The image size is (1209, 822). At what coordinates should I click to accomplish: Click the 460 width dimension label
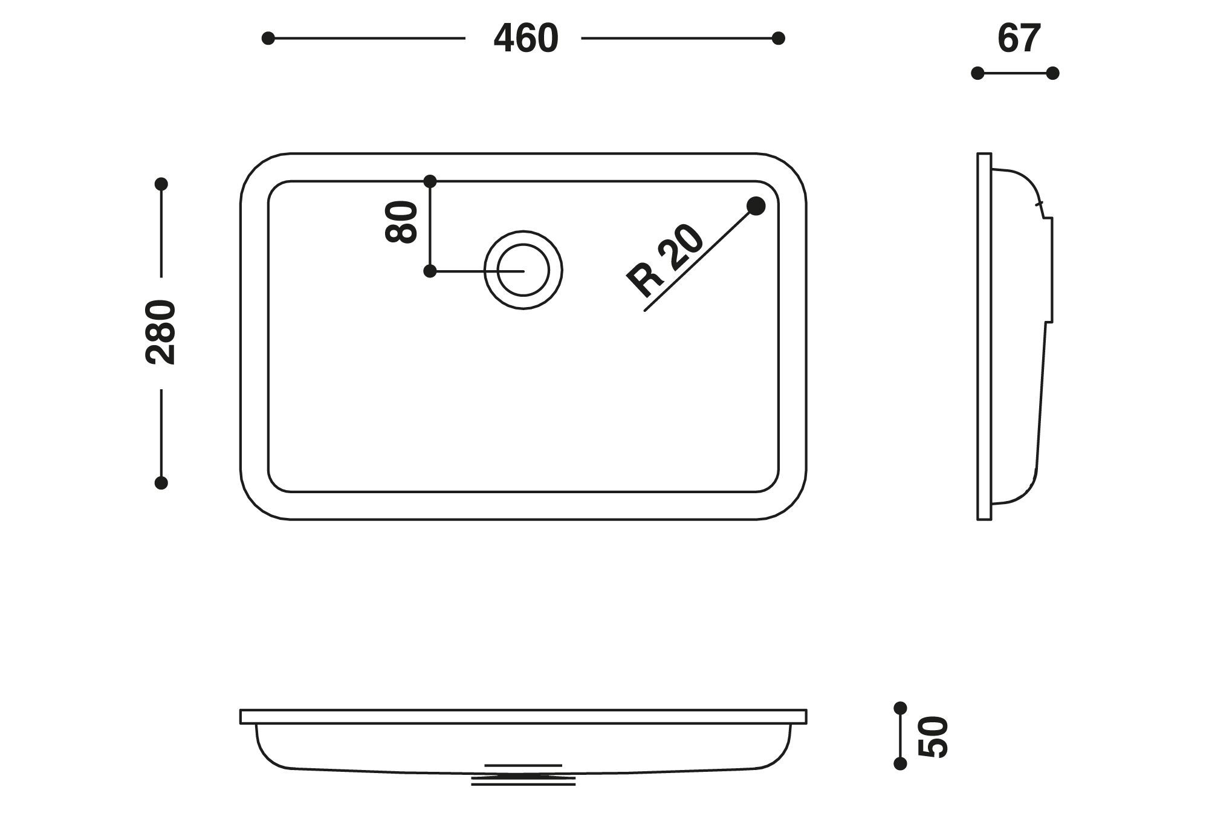[525, 39]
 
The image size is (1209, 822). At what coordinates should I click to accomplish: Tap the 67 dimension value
[1019, 39]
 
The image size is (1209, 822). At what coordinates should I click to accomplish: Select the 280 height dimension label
[161, 332]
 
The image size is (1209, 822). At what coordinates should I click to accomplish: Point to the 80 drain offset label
[401, 222]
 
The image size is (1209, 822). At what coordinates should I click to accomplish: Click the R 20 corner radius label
[665, 261]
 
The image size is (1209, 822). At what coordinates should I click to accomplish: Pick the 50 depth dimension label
[933, 736]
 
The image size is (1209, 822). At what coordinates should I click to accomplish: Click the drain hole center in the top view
[523, 270]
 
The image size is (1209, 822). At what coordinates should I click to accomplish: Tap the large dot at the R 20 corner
[756, 206]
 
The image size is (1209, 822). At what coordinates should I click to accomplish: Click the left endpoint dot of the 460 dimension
[268, 39]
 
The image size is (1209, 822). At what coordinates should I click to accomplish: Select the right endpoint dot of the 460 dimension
[779, 39]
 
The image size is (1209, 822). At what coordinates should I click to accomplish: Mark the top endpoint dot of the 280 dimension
[161, 184]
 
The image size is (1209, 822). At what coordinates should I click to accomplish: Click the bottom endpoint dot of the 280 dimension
[161, 482]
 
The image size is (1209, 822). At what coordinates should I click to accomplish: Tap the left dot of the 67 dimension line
[977, 73]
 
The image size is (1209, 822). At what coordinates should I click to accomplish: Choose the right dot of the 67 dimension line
[1052, 73]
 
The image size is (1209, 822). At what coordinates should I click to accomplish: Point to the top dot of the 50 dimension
[900, 708]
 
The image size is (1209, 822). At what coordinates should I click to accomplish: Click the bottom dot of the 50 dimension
[900, 763]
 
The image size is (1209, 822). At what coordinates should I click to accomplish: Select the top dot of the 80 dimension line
[430, 181]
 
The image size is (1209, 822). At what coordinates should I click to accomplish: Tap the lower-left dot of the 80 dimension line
[430, 271]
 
